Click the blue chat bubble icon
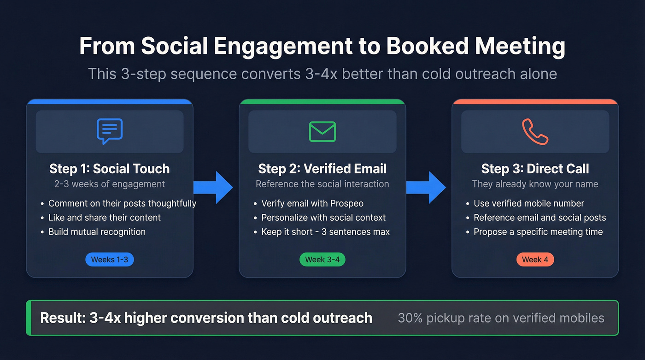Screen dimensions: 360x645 pos(110,131)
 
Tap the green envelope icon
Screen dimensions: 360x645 pos(322,131)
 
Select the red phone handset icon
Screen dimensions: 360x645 pos(535,131)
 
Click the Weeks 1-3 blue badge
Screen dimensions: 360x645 pos(110,260)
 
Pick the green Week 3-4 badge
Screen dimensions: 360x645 pos(322,260)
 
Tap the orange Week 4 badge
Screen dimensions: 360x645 pos(535,260)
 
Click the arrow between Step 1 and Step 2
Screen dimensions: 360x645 pos(213,187)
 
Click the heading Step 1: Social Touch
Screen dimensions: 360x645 pos(110,169)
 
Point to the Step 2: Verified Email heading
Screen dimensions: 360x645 pos(322,169)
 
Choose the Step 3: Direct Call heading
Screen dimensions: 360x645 pos(535,169)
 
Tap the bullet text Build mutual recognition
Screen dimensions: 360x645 pos(97,232)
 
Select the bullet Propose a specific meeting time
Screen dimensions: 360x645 pos(538,232)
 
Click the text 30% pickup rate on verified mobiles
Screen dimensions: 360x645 pos(501,318)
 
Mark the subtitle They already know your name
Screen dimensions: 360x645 pos(535,184)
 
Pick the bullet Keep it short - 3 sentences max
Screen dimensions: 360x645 pos(325,232)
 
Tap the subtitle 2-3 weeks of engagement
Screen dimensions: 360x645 pos(110,184)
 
